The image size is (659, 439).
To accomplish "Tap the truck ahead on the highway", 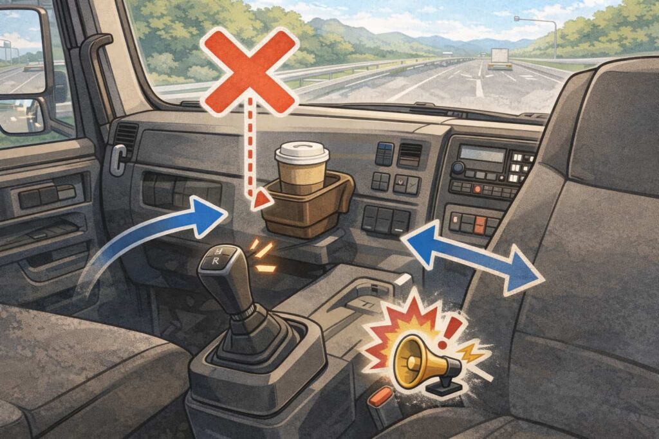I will click(x=499, y=58).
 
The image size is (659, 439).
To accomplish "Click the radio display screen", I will click(x=483, y=154).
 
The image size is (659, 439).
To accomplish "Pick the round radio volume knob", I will click(x=458, y=168).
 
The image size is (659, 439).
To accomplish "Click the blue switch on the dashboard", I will click(x=385, y=154).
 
